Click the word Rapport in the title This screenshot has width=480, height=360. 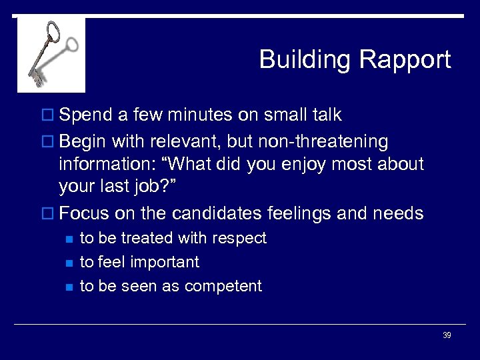pos(405,60)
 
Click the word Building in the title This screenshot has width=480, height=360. pos(305,60)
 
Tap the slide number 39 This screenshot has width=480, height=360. pos(447,335)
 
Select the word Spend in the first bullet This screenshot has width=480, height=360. pos(85,115)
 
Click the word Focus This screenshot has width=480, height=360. pos(85,213)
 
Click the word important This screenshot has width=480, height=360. pos(165,262)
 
